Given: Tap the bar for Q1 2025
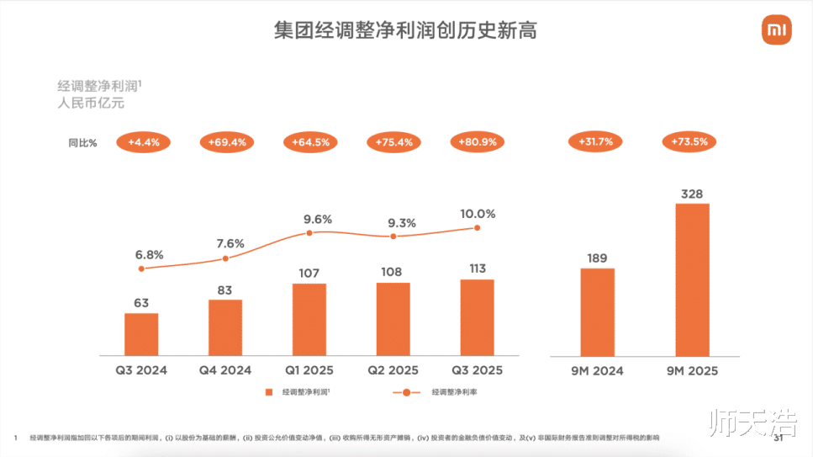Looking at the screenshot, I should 309,319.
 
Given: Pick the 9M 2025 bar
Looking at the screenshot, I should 693,279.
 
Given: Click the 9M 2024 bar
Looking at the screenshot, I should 598,311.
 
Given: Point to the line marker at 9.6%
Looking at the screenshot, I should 309,232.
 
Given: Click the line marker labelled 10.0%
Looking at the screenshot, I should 478,227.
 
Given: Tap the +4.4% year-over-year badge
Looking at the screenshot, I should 144,142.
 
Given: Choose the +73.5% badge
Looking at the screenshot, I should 690,142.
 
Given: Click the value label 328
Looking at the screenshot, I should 692,194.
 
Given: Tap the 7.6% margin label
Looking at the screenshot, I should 230,244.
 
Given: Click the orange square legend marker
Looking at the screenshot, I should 270,392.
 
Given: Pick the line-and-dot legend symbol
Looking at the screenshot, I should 406,392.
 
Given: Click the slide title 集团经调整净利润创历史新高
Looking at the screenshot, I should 405,31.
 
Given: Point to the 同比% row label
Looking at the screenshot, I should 82,143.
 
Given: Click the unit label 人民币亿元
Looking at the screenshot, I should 90,104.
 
